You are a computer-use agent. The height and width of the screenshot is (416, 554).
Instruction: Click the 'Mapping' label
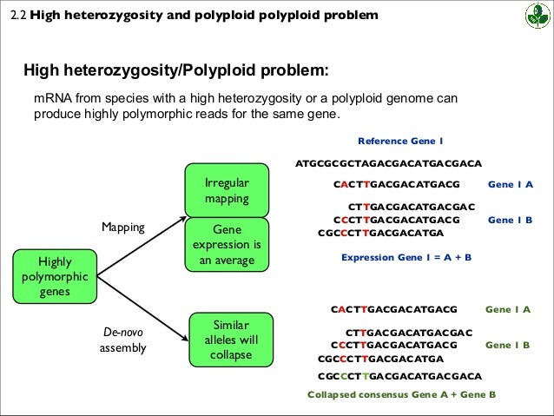[x=122, y=228]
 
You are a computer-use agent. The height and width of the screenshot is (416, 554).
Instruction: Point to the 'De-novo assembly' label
[x=122, y=340]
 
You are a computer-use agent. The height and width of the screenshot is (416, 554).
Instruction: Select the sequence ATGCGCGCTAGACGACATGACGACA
[x=388, y=162]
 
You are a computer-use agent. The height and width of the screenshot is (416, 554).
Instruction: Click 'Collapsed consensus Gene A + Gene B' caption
[x=402, y=393]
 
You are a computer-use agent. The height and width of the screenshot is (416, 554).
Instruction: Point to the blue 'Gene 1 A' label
[x=511, y=184]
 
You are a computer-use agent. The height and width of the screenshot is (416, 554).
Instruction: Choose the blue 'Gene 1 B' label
[x=510, y=220]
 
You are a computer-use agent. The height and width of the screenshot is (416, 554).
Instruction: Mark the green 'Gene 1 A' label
[x=507, y=308]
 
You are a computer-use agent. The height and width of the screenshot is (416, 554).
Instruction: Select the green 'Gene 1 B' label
[x=507, y=345]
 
